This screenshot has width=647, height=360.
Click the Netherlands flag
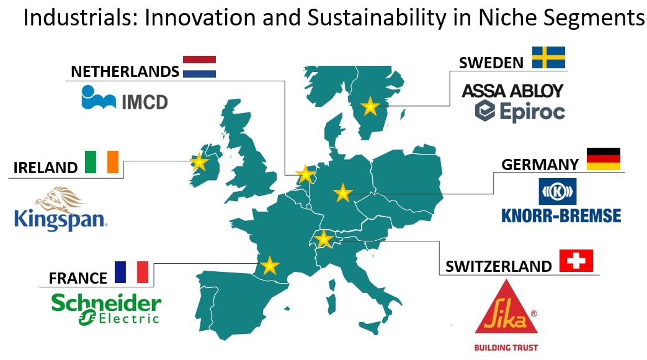coord(199,66)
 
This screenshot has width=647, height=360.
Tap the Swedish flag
coord(548,57)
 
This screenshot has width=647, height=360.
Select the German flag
coord(603,159)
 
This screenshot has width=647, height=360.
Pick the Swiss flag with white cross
coord(576,261)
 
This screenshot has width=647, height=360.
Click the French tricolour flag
coord(132,272)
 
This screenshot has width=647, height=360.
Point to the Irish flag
coord(102,162)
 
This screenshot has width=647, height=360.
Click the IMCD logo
coord(125,98)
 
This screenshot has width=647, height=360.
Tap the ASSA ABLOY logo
coord(512,91)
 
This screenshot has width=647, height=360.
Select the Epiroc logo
coord(520,111)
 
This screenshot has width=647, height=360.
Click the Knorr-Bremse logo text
coord(561,215)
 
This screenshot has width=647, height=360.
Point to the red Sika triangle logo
coord(506,308)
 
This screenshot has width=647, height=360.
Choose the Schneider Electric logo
coord(106,309)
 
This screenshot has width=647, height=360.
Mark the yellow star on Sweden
coord(370,107)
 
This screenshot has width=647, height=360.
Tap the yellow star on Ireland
coord(199,162)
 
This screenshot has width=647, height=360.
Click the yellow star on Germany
coord(343,193)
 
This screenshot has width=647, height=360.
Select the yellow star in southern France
coord(270,266)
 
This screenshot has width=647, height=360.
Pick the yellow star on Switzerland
coord(324,239)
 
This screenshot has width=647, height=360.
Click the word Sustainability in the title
coord(377,18)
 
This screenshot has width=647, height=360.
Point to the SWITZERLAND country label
coord(499,266)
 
